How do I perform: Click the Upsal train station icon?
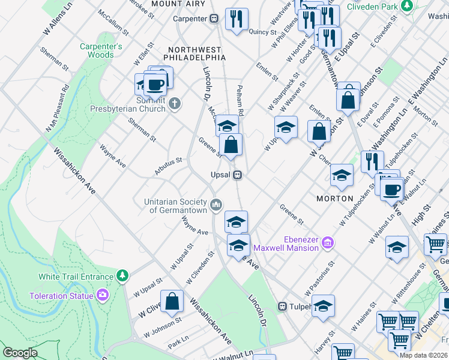click(x=238, y=175)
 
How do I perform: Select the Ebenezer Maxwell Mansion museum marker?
click(x=327, y=242)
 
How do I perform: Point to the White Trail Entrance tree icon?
click(x=122, y=275)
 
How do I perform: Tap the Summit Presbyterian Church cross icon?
click(x=175, y=104)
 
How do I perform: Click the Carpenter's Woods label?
click(x=101, y=50)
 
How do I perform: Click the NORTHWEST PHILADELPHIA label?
click(x=197, y=53)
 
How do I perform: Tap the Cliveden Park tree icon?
click(x=407, y=6)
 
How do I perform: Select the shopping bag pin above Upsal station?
click(x=231, y=144)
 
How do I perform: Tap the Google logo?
click(x=20, y=353)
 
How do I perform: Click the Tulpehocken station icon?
click(x=282, y=306)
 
